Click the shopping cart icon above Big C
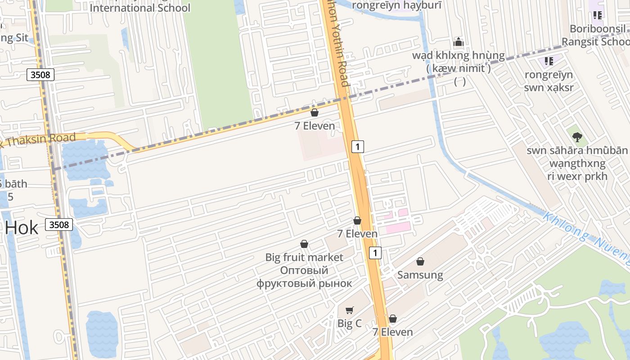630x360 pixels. point(349,310)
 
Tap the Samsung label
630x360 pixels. point(420,274)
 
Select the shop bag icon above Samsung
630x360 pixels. point(420,261)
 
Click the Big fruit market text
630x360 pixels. point(304,257)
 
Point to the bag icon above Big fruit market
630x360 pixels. point(304,244)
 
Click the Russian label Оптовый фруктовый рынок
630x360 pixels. point(304,277)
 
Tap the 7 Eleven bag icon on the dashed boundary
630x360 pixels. point(315,112)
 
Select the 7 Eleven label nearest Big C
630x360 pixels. point(392,332)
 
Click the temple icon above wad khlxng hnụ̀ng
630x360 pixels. point(459,42)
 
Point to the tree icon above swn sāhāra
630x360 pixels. point(577,137)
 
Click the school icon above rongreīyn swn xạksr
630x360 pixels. point(549,61)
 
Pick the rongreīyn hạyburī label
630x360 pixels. point(390,5)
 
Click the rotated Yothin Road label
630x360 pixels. point(337,43)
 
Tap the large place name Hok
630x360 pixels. point(22,228)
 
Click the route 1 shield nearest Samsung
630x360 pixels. point(375,253)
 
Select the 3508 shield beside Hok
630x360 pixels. point(59,224)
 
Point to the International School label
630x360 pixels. point(140,8)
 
